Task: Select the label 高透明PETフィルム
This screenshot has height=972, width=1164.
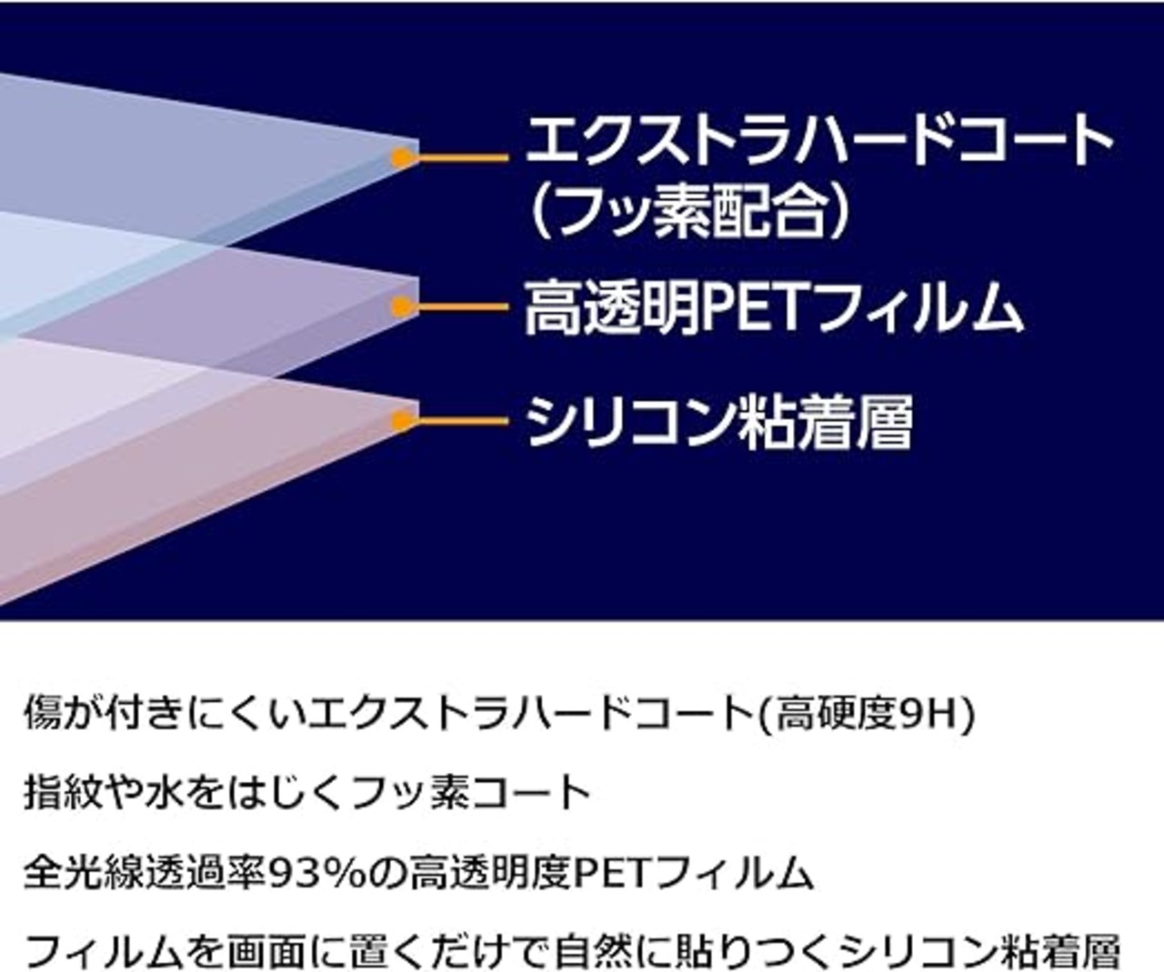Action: (x=774, y=307)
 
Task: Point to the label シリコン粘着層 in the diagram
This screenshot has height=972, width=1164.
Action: (x=719, y=421)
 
